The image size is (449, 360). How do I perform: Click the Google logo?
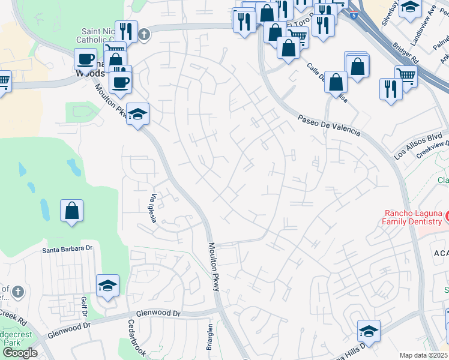coord(19,353)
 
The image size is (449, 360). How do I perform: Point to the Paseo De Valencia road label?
coord(329,124)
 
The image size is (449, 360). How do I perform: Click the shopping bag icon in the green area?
coord(71,211)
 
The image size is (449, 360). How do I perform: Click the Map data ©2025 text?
coord(423,355)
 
